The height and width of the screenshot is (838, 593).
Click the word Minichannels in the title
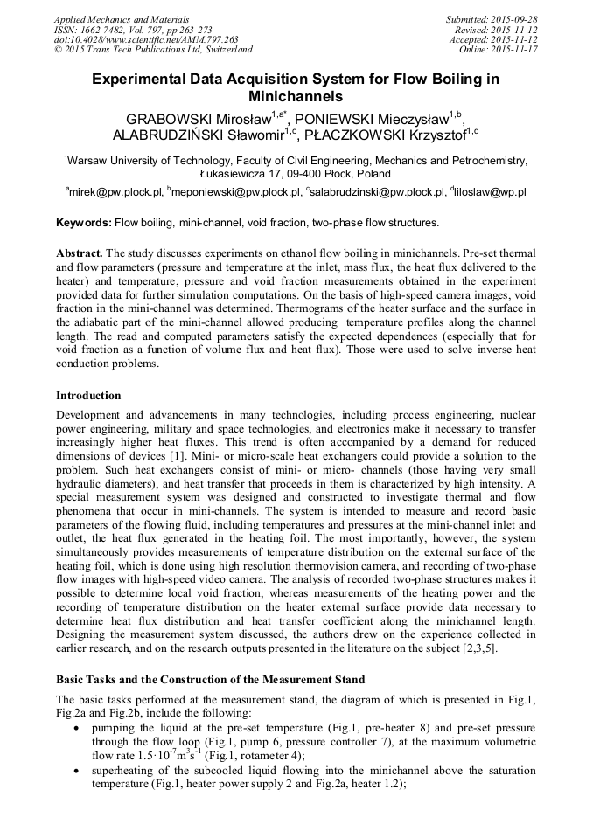[x=296, y=96]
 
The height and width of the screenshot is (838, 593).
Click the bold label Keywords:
[x=84, y=223]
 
